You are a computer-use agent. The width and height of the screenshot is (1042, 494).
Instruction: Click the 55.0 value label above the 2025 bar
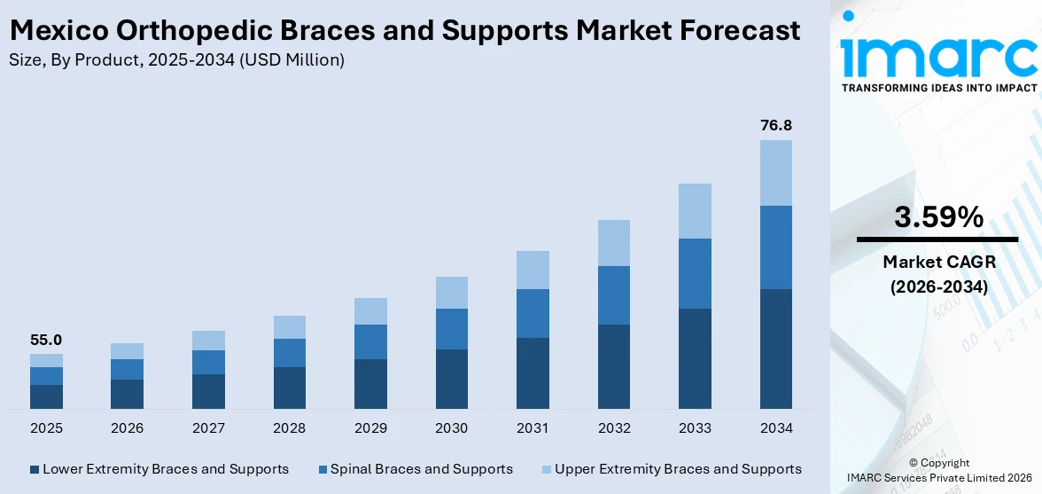pos(46,340)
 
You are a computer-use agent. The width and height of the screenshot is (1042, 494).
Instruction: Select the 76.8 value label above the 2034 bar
pos(775,126)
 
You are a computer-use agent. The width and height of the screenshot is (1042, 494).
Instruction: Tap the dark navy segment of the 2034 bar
pos(775,349)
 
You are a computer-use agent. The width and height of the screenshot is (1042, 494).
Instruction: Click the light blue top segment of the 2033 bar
pos(695,211)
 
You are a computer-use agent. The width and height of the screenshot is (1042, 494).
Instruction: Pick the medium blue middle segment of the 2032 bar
pos(614,295)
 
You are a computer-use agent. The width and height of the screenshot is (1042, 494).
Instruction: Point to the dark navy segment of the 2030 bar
pos(452,379)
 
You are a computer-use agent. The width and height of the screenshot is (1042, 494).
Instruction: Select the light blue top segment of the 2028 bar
pos(290,327)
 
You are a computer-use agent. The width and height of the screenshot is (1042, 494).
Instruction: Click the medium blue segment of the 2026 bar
pos(128,369)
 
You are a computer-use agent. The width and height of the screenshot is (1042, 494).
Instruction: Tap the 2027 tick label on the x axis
pos(208,428)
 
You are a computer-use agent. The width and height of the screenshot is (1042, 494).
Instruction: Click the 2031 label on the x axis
pos(533,428)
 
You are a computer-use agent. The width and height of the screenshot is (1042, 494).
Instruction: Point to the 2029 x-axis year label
pos(370,428)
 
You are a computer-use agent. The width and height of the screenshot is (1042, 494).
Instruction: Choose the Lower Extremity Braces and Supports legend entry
pos(165,469)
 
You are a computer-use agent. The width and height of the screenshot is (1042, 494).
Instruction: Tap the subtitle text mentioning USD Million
pos(176,60)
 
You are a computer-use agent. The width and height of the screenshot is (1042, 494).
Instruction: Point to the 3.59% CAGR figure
pos(938,216)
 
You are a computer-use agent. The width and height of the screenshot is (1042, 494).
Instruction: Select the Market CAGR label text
pos(938,262)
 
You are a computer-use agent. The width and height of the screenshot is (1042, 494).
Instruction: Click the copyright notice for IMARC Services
pos(938,470)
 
